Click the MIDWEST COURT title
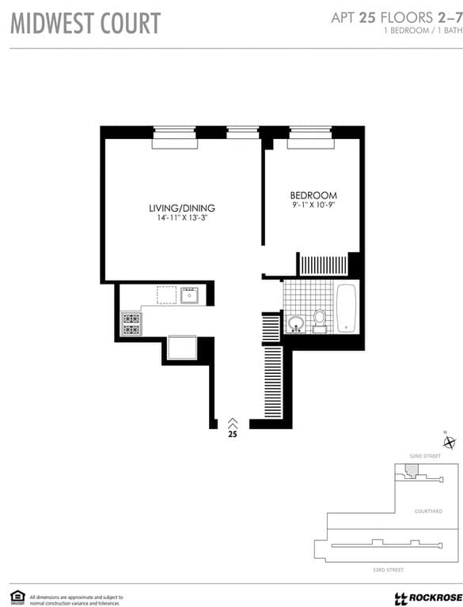tap(85, 24)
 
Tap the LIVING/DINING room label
tap(182, 208)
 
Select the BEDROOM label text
tap(313, 195)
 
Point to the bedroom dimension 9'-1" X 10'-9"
tap(313, 205)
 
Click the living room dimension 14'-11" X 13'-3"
tap(182, 218)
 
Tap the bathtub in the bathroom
tap(347, 307)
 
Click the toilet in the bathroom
tap(320, 319)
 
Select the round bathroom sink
tap(296, 323)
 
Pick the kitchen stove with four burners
tap(131, 322)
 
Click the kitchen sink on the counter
tap(189, 296)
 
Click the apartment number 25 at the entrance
tap(233, 433)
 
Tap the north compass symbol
tap(450, 443)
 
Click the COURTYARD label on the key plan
tap(428, 511)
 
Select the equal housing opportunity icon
tap(17, 596)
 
